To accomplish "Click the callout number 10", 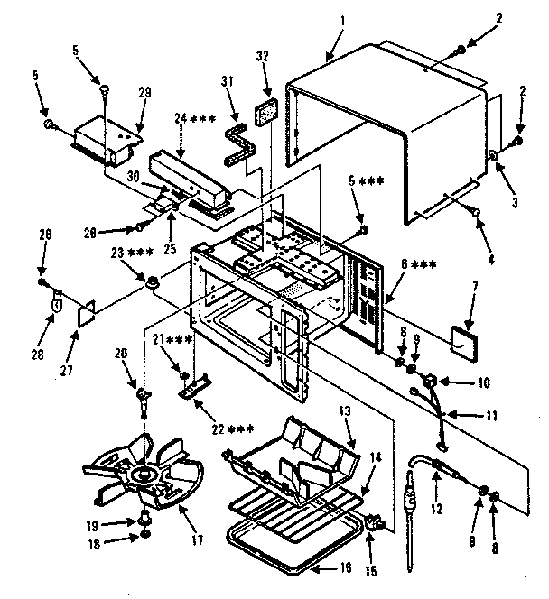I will tap(484, 383).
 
